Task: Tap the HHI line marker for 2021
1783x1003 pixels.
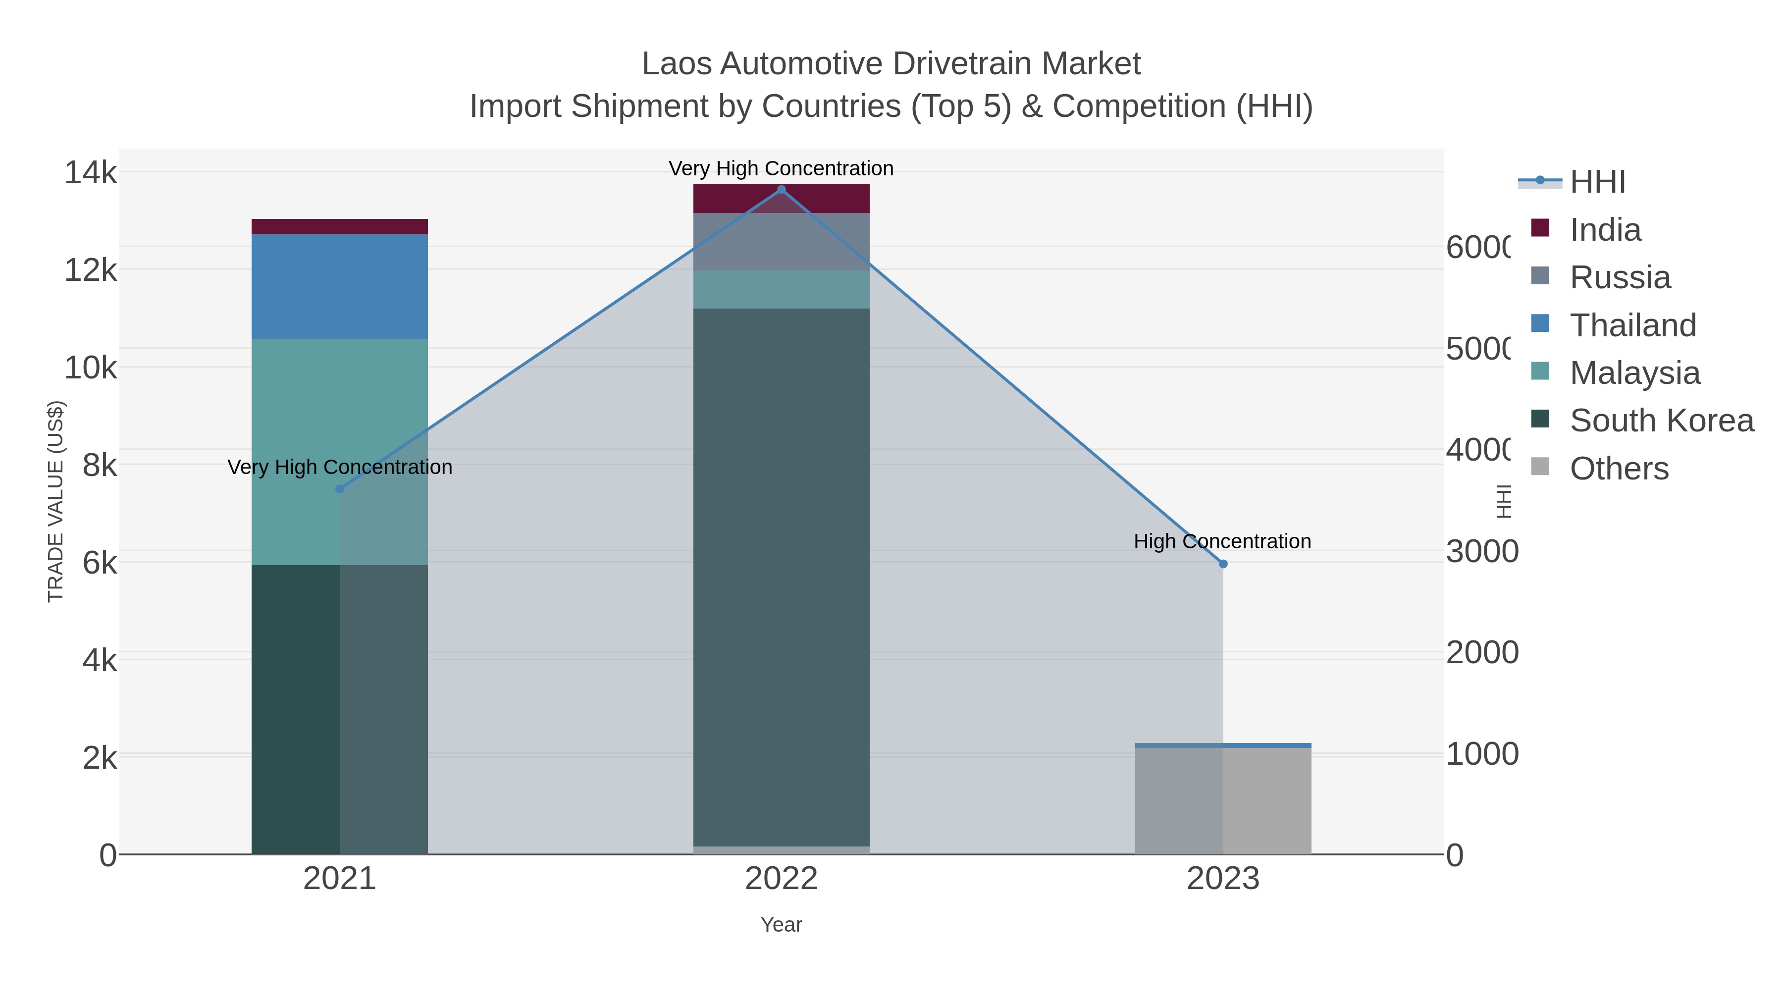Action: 340,489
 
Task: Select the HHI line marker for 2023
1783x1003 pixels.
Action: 1223,564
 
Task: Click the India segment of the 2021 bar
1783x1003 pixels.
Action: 339,226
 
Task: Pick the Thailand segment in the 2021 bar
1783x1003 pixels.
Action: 339,287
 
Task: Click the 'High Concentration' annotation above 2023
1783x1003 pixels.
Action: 1222,541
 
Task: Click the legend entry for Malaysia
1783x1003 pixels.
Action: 1634,373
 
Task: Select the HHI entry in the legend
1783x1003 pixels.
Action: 1597,182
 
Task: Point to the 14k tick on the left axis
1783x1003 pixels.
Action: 91,172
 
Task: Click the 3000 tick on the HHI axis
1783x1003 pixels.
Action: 1482,552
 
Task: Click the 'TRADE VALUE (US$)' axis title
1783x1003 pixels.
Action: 55,501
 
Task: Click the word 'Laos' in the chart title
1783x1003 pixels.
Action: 676,64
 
